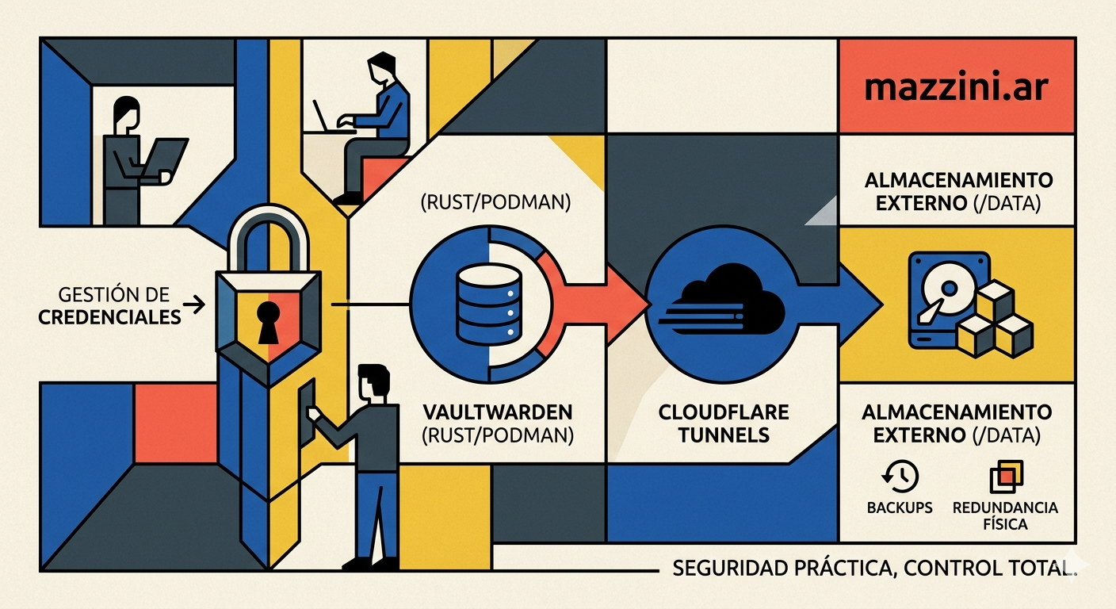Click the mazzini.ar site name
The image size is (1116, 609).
956,88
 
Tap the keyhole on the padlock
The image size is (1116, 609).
268,323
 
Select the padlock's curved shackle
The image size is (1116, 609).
268,234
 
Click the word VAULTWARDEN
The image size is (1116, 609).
498,412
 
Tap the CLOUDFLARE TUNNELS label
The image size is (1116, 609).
724,423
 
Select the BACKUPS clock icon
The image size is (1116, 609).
900,477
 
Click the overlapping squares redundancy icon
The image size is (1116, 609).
1006,477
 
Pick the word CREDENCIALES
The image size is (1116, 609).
109,317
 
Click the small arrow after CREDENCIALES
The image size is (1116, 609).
194,304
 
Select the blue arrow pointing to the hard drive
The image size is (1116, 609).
837,304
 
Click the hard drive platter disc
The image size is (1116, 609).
948,289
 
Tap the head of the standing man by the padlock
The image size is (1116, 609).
374,384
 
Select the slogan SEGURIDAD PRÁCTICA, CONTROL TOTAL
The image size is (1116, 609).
874,568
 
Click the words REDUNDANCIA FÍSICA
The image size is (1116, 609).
1005,515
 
